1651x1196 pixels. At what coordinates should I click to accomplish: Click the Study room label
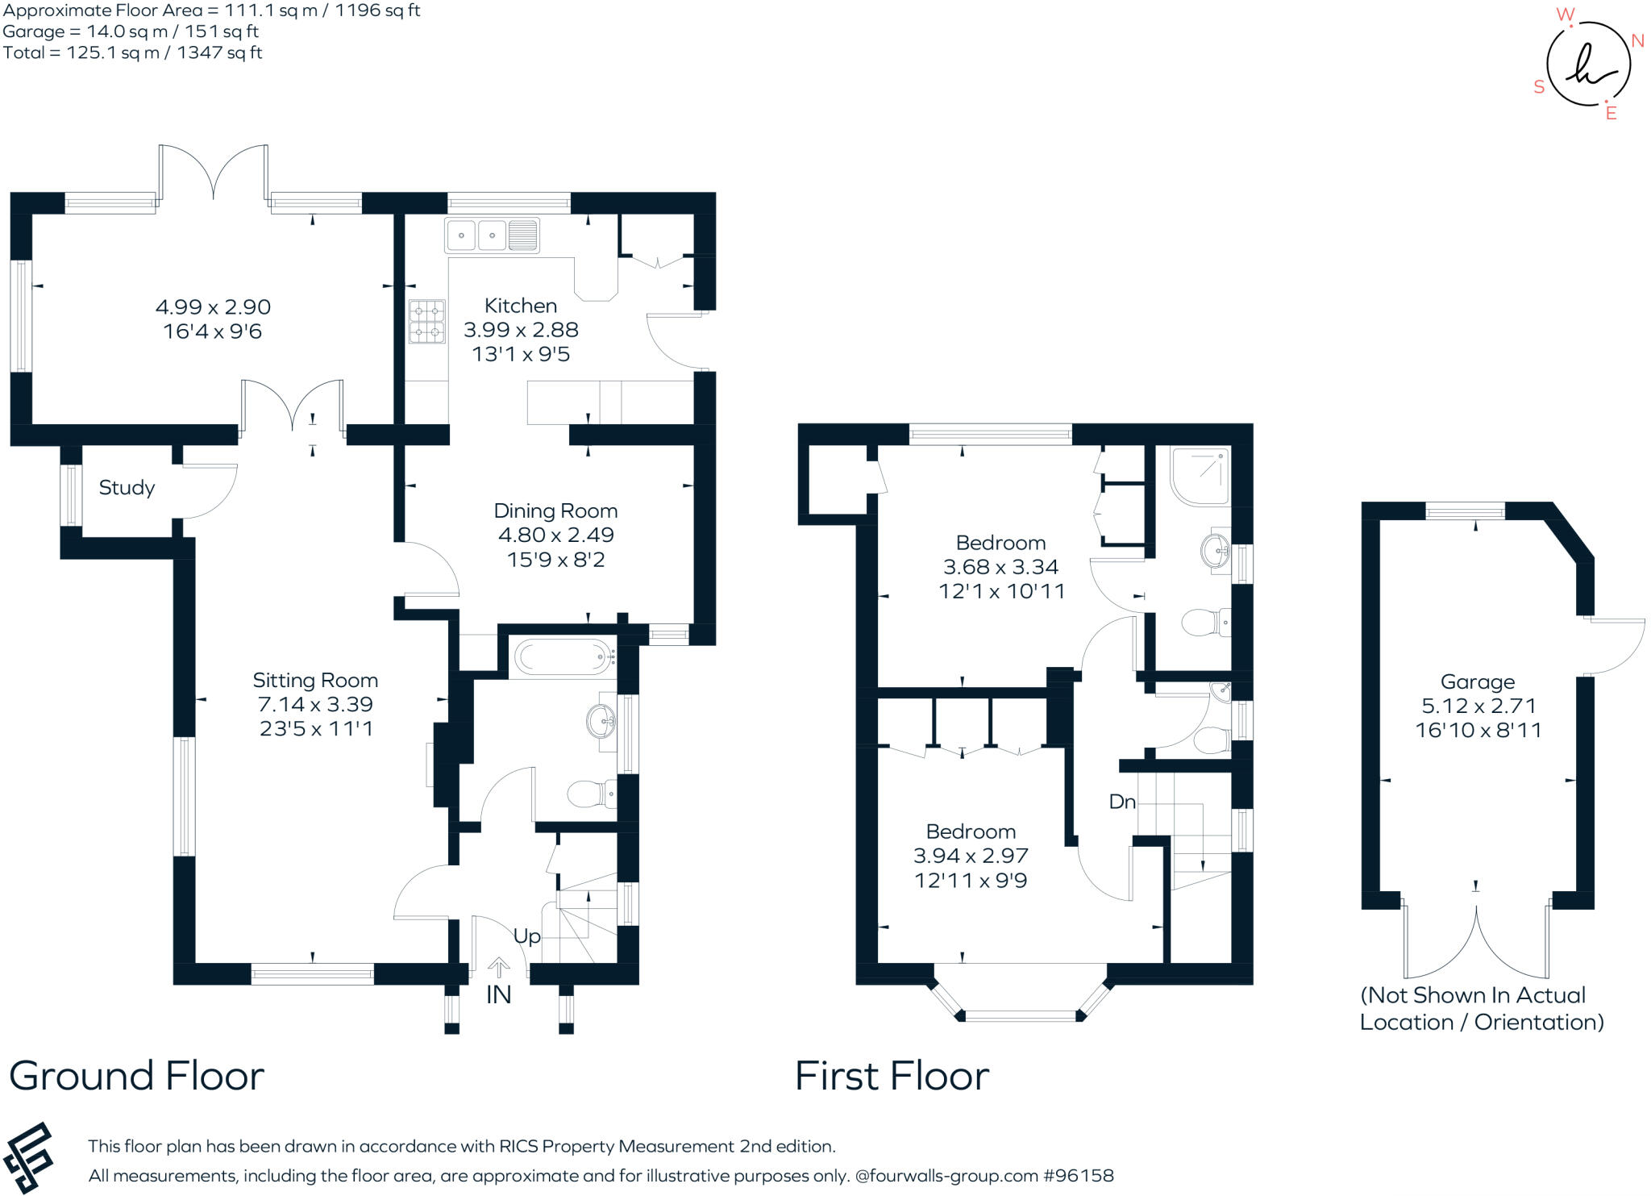[x=127, y=488]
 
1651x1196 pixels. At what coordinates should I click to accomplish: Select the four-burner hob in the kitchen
[x=426, y=321]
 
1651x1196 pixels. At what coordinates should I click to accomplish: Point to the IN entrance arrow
[x=498, y=967]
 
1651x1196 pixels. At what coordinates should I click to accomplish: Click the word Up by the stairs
[x=526, y=936]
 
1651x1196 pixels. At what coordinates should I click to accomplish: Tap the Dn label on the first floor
[x=1122, y=802]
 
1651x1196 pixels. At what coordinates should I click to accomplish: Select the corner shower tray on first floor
[x=1200, y=477]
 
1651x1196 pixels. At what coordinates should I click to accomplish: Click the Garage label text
[x=1478, y=682]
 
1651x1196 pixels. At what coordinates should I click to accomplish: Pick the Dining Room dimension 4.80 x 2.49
[x=555, y=535]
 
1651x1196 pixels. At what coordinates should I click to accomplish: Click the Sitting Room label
[x=315, y=681]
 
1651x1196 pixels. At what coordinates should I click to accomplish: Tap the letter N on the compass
[x=1637, y=41]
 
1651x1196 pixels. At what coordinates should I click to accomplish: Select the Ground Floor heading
[x=136, y=1076]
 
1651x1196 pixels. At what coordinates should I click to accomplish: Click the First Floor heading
[x=892, y=1076]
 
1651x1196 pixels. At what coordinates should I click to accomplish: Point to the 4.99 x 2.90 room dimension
[x=213, y=307]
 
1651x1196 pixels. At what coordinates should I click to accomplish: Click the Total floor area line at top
[x=133, y=53]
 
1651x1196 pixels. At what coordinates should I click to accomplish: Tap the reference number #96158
[x=1078, y=1176]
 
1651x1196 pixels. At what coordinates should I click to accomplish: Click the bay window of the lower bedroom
[x=1021, y=1015]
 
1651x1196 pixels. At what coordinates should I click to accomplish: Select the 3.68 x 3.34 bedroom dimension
[x=1000, y=567]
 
